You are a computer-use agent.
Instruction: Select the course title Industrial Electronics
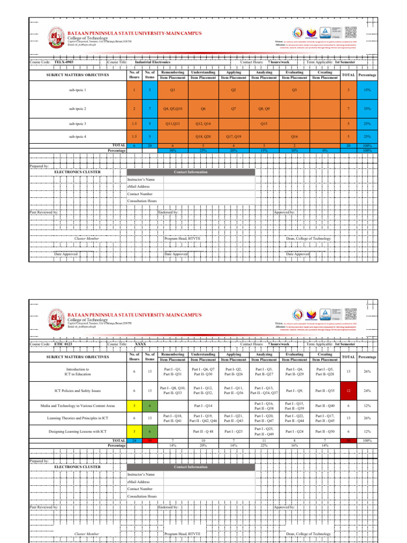click(153, 62)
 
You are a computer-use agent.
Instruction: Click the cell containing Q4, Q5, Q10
click(173, 108)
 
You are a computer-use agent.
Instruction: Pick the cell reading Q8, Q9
click(264, 108)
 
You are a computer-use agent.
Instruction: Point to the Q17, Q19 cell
click(234, 136)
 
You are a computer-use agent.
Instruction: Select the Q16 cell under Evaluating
click(295, 136)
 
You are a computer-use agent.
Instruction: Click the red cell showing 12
click(348, 391)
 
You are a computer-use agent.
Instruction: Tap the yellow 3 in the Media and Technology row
click(135, 406)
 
